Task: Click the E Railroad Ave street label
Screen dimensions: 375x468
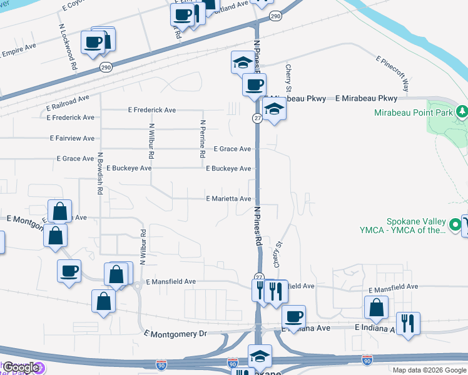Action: click(68, 99)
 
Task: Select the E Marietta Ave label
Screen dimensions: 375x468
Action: click(228, 199)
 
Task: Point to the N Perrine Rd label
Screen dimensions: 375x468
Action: click(203, 139)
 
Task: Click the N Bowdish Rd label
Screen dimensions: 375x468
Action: click(99, 174)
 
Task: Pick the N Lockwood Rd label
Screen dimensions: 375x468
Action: click(68, 47)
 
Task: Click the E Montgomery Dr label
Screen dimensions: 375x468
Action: click(175, 334)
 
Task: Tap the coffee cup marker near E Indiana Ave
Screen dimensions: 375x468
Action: click(293, 316)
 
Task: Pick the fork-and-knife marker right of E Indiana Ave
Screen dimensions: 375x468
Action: click(408, 324)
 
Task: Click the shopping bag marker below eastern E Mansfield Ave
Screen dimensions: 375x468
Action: click(376, 307)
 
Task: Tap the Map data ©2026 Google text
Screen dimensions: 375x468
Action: click(429, 370)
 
